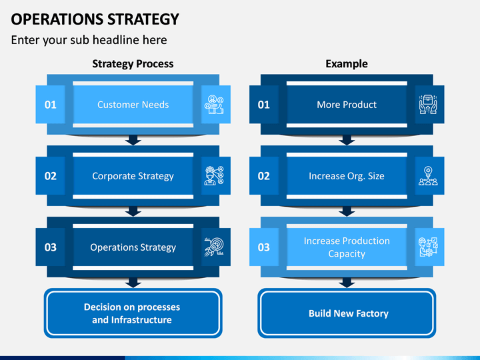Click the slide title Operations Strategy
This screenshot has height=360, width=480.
(x=95, y=19)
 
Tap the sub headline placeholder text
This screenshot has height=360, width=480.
(x=89, y=40)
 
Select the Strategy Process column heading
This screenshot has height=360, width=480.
(x=133, y=64)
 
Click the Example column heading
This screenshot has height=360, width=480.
(x=347, y=64)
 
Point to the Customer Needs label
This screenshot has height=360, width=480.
(x=133, y=105)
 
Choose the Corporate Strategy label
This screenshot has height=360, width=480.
(x=133, y=176)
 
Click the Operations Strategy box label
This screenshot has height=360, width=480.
(x=133, y=247)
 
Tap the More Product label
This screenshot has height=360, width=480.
(x=347, y=105)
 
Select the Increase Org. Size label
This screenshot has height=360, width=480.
(x=347, y=176)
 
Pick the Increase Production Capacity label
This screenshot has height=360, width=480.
(x=347, y=247)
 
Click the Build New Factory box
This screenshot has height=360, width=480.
(x=347, y=313)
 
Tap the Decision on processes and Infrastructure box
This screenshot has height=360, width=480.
(x=133, y=313)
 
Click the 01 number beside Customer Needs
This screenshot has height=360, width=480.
(x=51, y=105)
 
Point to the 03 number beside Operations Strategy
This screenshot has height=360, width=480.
(x=51, y=247)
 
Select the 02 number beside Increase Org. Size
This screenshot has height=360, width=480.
(x=264, y=176)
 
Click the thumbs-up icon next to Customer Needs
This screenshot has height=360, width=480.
(x=214, y=105)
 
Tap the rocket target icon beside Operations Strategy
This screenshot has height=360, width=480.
(x=214, y=247)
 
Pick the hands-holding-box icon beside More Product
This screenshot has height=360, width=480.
(x=428, y=105)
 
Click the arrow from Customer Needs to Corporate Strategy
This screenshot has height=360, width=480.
(x=133, y=140)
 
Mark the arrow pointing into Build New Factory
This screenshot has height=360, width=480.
(x=347, y=283)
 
